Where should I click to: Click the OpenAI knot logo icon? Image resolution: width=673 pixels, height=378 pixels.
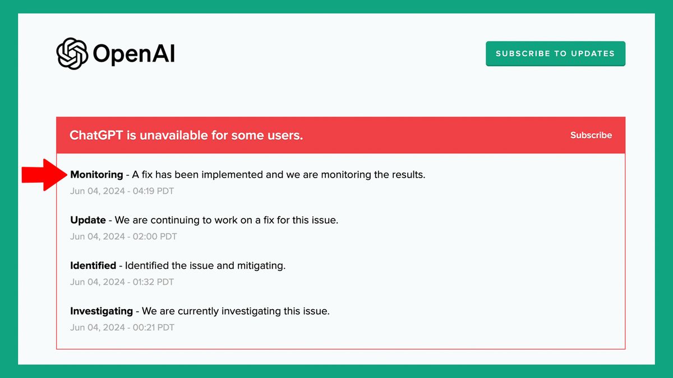pyautogui.click(x=72, y=54)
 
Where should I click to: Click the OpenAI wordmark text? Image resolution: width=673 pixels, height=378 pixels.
pyautogui.click(x=134, y=54)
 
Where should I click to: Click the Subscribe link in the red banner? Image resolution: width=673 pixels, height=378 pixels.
pyautogui.click(x=591, y=135)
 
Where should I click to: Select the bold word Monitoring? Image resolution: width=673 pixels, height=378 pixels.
pyautogui.click(x=96, y=175)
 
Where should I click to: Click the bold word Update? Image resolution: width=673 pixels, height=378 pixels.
pyautogui.click(x=88, y=220)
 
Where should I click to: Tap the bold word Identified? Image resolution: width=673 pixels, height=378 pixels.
pyautogui.click(x=93, y=265)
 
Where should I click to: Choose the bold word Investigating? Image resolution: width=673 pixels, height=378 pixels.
pyautogui.click(x=102, y=311)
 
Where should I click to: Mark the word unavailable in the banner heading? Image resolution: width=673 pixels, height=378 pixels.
pyautogui.click(x=172, y=136)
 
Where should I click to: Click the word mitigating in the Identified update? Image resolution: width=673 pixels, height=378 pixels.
pyautogui.click(x=260, y=265)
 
